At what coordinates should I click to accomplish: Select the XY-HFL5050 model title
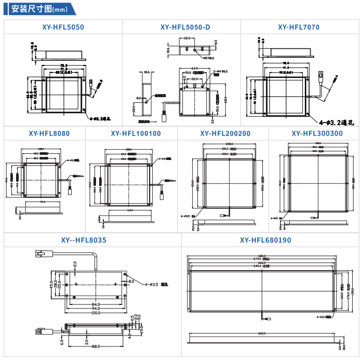63,27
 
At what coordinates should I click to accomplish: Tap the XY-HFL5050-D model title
181,27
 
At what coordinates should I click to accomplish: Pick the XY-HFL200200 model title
225,134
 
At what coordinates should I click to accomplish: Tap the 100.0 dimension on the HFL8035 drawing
96,313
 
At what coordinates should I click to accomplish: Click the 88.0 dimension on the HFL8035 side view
96,346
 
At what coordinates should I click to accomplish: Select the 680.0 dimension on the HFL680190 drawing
262,256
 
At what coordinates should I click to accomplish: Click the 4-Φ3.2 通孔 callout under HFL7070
336,123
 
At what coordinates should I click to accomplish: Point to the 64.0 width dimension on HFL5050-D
194,68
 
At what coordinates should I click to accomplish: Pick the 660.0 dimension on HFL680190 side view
262,333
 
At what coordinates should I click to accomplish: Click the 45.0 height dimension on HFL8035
51,285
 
